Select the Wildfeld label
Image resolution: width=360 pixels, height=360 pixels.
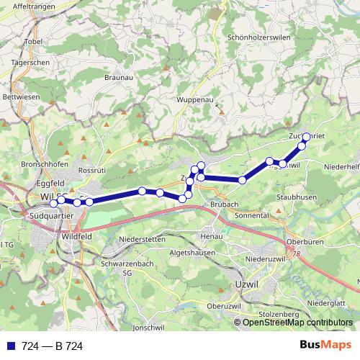tap(77, 235)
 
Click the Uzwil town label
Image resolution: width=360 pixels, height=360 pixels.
tap(246, 286)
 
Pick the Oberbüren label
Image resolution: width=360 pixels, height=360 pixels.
tap(302, 242)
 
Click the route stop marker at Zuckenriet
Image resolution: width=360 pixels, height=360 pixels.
tap(305, 137)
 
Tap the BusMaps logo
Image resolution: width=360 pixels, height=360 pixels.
tap(327, 346)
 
